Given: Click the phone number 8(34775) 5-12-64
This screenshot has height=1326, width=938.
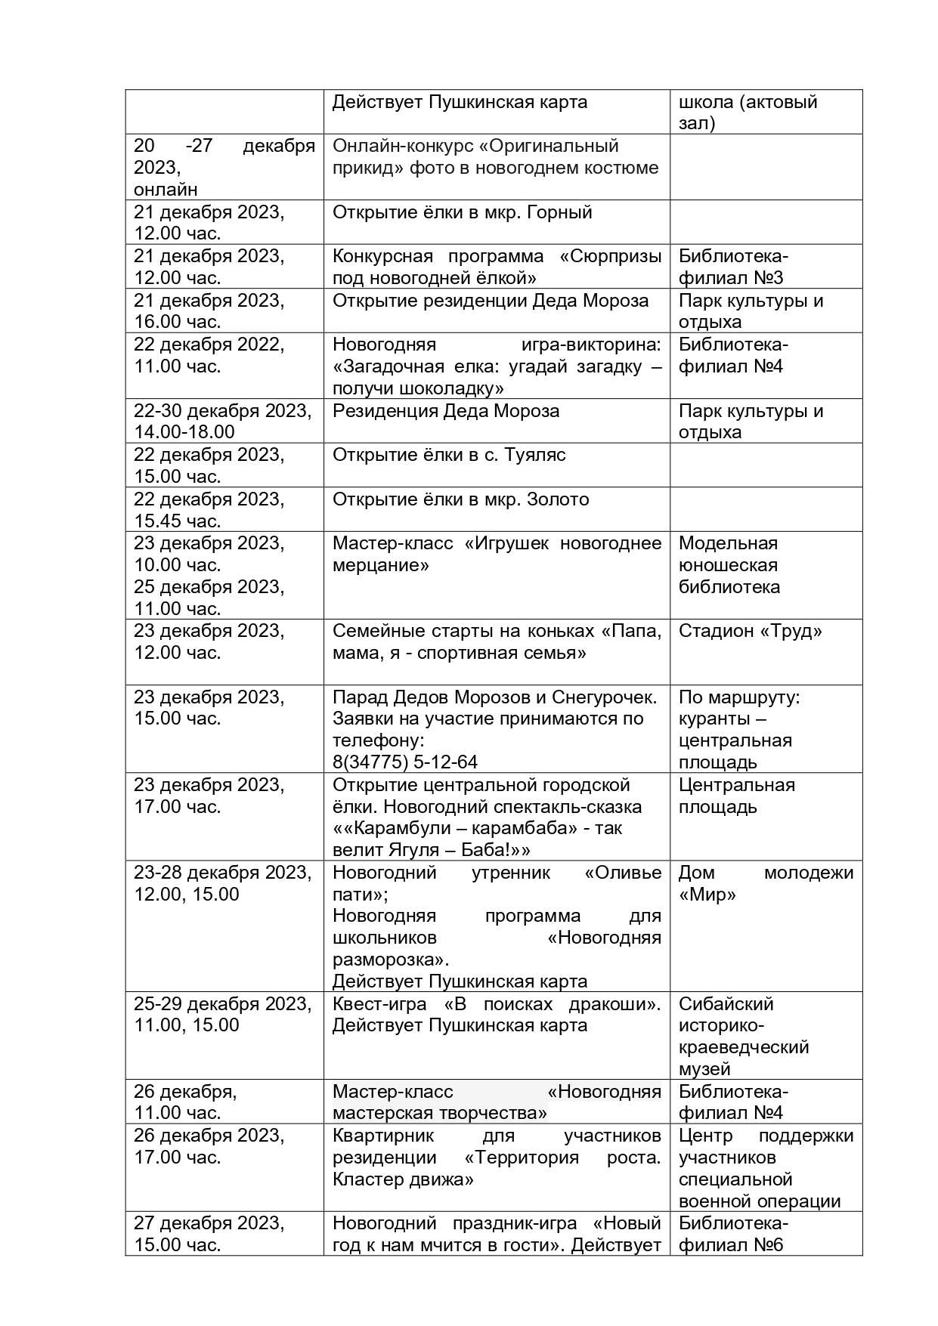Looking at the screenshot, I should click(405, 762).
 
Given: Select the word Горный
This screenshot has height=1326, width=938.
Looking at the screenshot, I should click(559, 212).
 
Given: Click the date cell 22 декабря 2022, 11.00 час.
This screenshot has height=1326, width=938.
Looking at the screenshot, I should click(209, 355).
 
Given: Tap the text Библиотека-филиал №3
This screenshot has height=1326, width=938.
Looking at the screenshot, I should click(733, 267).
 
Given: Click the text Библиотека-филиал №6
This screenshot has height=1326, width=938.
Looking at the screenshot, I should click(733, 1234).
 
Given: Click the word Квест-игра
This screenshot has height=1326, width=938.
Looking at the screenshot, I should click(379, 1004).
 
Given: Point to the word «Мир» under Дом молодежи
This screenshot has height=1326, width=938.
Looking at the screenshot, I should click(707, 895).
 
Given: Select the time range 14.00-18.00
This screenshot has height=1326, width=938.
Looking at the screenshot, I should click(184, 432).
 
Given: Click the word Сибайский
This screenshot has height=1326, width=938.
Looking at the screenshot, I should click(726, 1004).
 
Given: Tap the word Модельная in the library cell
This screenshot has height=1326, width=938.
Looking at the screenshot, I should click(728, 543).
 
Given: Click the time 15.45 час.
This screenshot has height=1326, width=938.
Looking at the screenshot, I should click(178, 521).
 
